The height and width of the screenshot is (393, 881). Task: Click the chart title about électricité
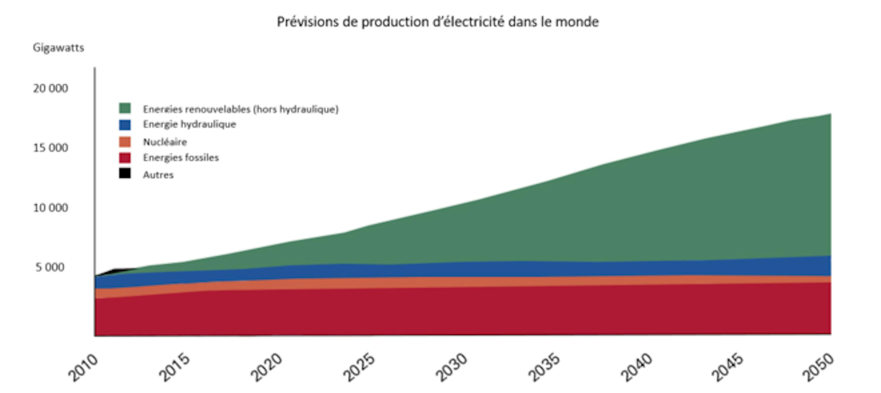coord(438,22)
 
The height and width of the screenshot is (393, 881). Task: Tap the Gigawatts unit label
coord(58,47)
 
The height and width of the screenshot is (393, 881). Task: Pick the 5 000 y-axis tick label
coord(50,267)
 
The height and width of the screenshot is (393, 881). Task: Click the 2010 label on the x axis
coord(83,368)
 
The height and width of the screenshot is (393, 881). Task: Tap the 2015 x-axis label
coord(174,368)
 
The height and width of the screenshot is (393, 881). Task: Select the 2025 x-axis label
coord(359,368)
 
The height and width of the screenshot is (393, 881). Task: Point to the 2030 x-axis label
coord(452,368)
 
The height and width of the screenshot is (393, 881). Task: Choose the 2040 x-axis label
coord(636,368)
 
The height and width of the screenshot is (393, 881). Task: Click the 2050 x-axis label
coord(818,368)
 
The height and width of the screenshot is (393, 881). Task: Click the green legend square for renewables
coord(125,108)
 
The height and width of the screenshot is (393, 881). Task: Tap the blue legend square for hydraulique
coord(125,125)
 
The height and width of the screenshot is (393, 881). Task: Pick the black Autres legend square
coord(125,173)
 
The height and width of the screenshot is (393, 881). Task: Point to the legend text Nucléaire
coord(165,142)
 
